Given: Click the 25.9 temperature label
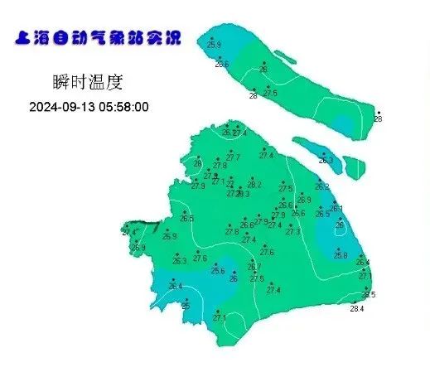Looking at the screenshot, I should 215,44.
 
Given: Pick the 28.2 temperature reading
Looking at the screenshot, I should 254,185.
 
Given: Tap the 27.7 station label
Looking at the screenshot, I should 233,157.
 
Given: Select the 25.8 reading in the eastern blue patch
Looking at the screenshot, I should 341,255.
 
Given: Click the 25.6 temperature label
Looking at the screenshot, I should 218,270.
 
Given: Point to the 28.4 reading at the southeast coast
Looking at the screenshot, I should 357,309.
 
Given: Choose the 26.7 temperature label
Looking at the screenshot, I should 254,267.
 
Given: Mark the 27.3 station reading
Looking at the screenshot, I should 292,232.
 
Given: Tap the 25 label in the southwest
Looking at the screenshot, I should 186,306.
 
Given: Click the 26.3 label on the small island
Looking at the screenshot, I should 326,161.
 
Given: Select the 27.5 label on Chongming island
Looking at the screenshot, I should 270,94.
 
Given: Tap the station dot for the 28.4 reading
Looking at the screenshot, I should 354,302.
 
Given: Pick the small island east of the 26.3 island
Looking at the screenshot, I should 355,168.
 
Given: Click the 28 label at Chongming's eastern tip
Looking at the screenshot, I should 378,119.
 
